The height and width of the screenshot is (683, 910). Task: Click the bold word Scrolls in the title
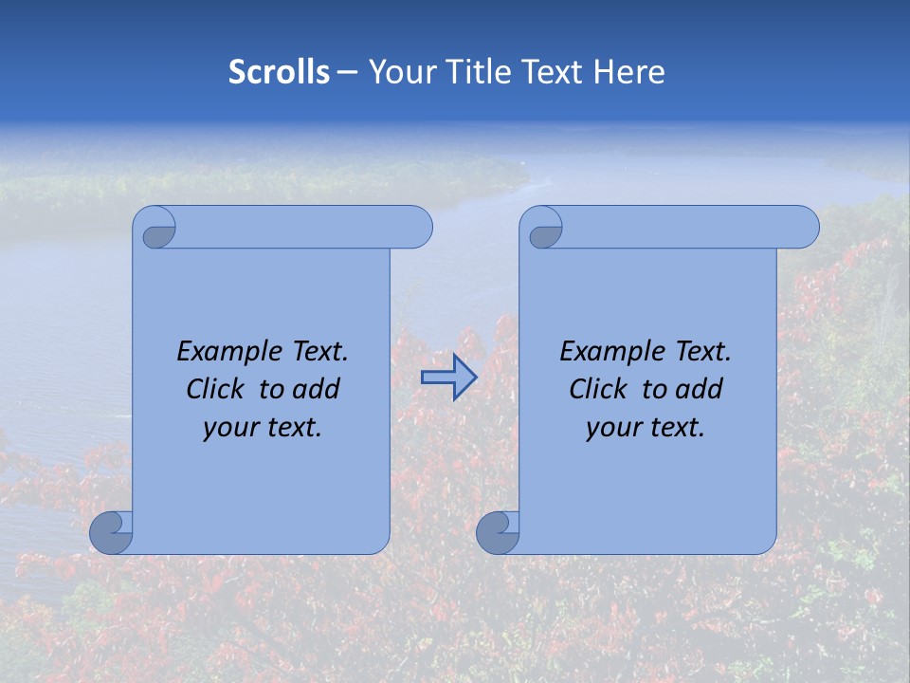point(279,72)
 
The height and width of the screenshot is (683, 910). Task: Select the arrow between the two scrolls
point(448,378)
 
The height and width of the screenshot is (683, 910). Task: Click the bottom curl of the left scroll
point(111,532)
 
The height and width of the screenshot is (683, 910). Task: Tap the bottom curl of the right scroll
point(498,532)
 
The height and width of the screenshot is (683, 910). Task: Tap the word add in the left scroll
point(317,389)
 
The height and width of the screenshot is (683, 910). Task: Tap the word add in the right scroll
point(700,389)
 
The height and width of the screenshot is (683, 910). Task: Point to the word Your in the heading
point(398,72)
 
